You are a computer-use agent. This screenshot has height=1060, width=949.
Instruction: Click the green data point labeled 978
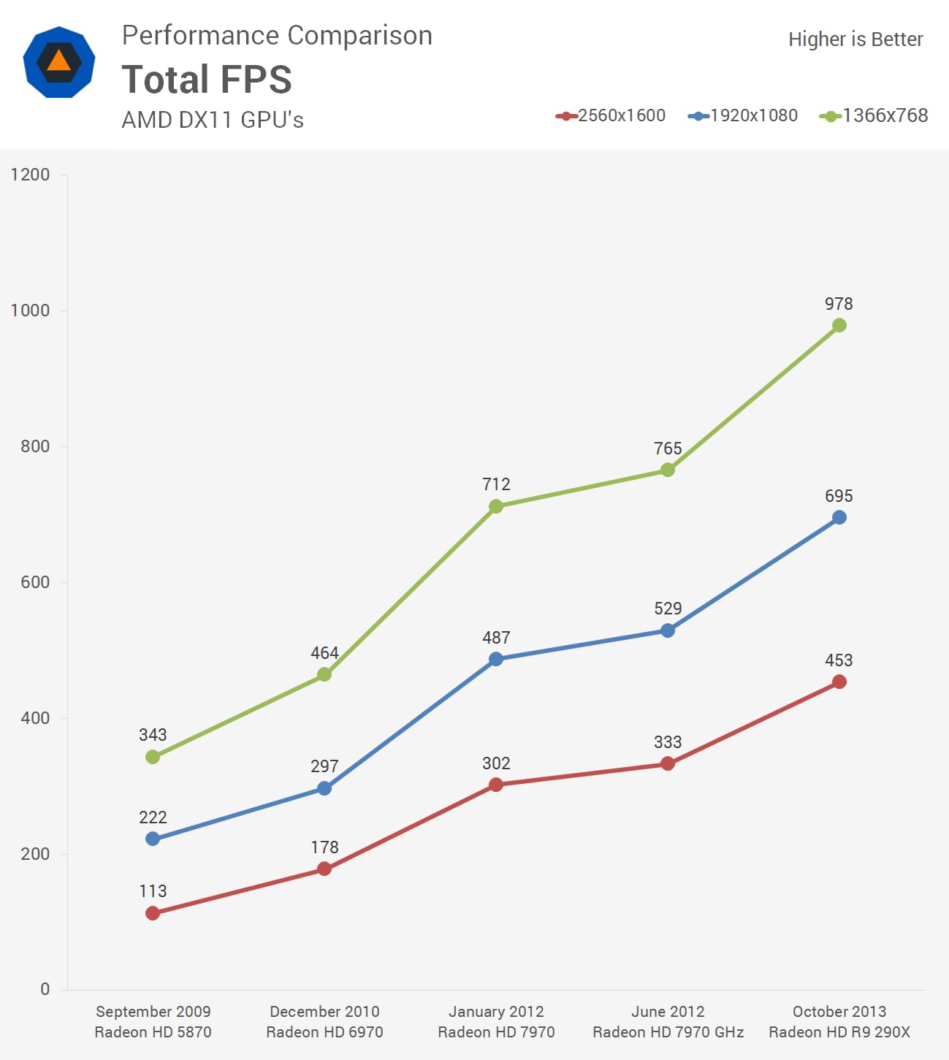[x=839, y=325]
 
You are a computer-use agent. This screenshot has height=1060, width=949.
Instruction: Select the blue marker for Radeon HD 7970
[x=496, y=659]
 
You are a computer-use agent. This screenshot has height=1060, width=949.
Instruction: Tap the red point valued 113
[x=153, y=913]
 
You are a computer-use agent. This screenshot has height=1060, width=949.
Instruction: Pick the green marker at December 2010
[x=324, y=674]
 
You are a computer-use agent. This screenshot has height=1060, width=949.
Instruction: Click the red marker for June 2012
[x=668, y=763]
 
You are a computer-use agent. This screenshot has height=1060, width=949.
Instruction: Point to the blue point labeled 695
[x=839, y=517]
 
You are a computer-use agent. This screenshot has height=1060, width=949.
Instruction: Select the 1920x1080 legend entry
[x=743, y=115]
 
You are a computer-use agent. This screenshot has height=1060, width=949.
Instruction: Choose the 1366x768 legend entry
[x=874, y=115]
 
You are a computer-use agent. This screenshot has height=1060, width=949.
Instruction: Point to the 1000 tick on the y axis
[x=30, y=310]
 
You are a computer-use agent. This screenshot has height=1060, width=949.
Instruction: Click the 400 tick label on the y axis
[x=35, y=718]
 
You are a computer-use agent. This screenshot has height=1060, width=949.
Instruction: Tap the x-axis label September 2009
[x=153, y=1011]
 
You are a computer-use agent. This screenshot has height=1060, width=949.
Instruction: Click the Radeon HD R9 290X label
[x=839, y=1032]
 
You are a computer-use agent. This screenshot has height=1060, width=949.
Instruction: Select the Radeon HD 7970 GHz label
[x=668, y=1032]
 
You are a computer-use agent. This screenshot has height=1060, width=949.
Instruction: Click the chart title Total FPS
[x=207, y=79]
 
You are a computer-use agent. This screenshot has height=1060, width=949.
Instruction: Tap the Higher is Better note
[x=855, y=39]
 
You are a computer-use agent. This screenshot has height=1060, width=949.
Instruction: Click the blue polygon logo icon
[x=58, y=62]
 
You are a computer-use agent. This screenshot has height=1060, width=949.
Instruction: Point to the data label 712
[x=496, y=484]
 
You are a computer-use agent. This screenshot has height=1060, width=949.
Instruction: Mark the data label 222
[x=153, y=817]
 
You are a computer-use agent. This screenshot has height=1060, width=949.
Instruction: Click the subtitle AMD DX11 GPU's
[x=213, y=120]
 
